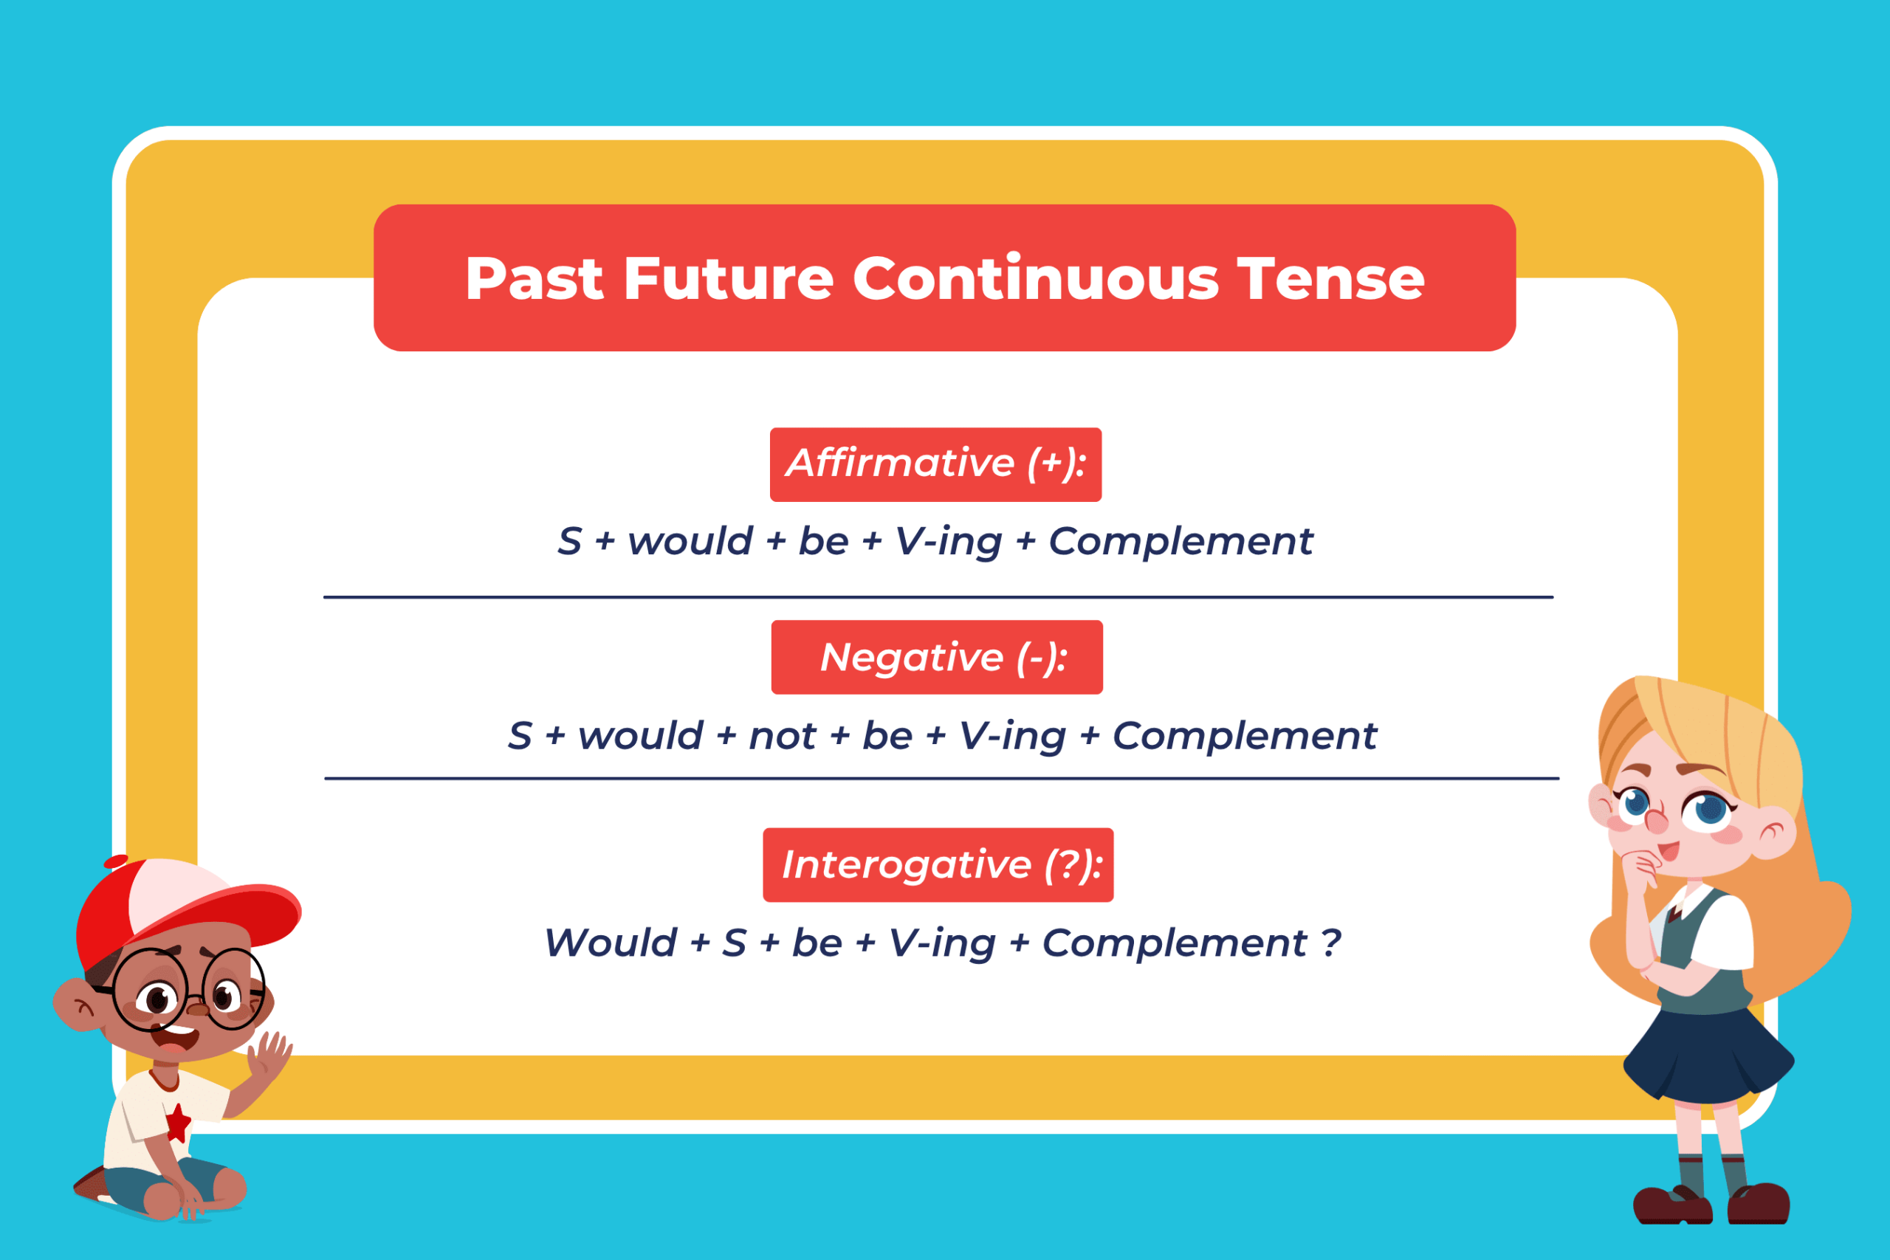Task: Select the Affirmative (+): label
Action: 935,464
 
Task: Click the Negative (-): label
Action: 937,658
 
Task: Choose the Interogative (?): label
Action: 938,865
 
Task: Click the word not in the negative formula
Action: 782,736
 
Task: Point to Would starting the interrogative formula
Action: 611,943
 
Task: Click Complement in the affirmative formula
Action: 1181,541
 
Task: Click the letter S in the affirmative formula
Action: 570,541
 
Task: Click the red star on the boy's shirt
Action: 178,1122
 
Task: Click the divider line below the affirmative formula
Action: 938,597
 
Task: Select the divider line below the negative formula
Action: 941,778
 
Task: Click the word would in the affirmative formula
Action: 690,541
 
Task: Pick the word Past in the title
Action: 535,280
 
